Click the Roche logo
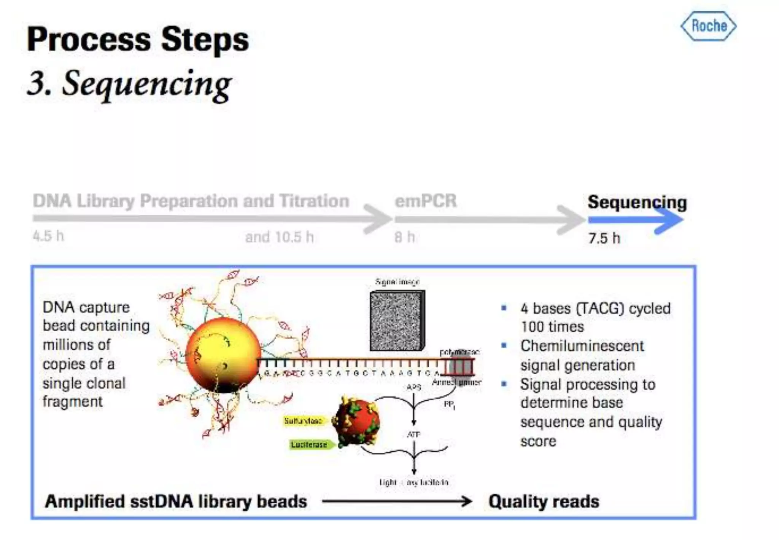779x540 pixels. pyautogui.click(x=709, y=26)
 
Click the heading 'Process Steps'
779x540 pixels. pyautogui.click(x=138, y=39)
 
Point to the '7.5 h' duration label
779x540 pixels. pyautogui.click(x=604, y=238)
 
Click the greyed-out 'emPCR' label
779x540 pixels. pyautogui.click(x=426, y=201)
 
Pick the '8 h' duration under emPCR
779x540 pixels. pyautogui.click(x=404, y=237)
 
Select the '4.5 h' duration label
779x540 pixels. pyautogui.click(x=48, y=236)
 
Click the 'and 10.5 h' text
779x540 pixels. pyautogui.click(x=280, y=237)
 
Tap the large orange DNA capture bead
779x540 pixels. pyautogui.click(x=223, y=355)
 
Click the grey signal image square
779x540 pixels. pyautogui.click(x=397, y=321)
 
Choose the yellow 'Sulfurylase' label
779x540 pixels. pyautogui.click(x=303, y=421)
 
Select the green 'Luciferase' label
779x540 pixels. pyautogui.click(x=309, y=444)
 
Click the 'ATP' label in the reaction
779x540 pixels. pyautogui.click(x=413, y=434)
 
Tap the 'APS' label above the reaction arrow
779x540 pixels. pyautogui.click(x=413, y=387)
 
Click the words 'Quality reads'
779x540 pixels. pyautogui.click(x=544, y=501)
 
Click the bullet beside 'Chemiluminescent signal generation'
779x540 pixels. pyautogui.click(x=504, y=346)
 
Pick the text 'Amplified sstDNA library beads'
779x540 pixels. pyautogui.click(x=176, y=501)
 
